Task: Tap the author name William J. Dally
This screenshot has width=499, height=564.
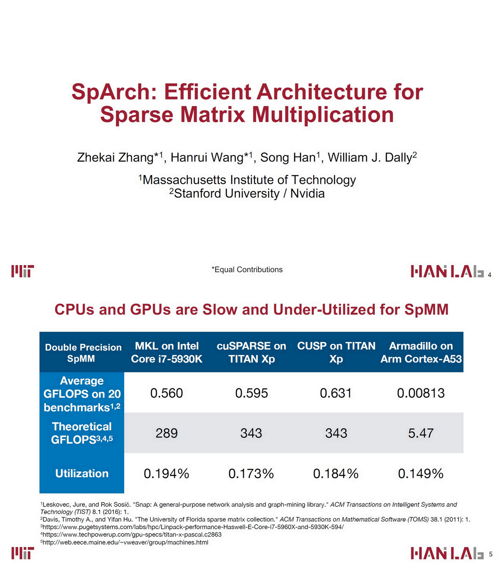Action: pyautogui.click(x=372, y=157)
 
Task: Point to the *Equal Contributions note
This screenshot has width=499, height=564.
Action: pyautogui.click(x=247, y=270)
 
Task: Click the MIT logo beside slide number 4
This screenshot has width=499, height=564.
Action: pyautogui.click(x=23, y=271)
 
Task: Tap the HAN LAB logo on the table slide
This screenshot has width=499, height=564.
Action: pyautogui.click(x=447, y=553)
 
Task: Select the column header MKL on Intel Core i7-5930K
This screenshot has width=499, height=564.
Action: pyautogui.click(x=167, y=352)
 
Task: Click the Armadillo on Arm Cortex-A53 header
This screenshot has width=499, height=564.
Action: pyautogui.click(x=421, y=352)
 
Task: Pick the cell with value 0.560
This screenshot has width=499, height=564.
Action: pyautogui.click(x=167, y=393)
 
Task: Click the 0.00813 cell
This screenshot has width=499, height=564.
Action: pyautogui.click(x=421, y=393)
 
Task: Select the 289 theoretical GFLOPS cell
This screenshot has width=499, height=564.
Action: pyautogui.click(x=167, y=433)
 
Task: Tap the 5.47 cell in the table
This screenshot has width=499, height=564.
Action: pyautogui.click(x=421, y=433)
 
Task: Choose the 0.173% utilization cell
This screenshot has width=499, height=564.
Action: pyautogui.click(x=251, y=473)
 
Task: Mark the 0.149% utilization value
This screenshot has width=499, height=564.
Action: pyautogui.click(x=421, y=473)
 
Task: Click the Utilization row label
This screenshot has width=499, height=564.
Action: pyautogui.click(x=82, y=473)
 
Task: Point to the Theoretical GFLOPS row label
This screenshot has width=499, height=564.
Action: pyautogui.click(x=82, y=433)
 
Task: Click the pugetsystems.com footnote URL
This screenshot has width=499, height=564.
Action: pyautogui.click(x=193, y=527)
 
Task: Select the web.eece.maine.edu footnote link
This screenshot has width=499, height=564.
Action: pyautogui.click(x=125, y=542)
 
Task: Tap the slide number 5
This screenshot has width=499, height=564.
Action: pyautogui.click(x=491, y=554)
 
